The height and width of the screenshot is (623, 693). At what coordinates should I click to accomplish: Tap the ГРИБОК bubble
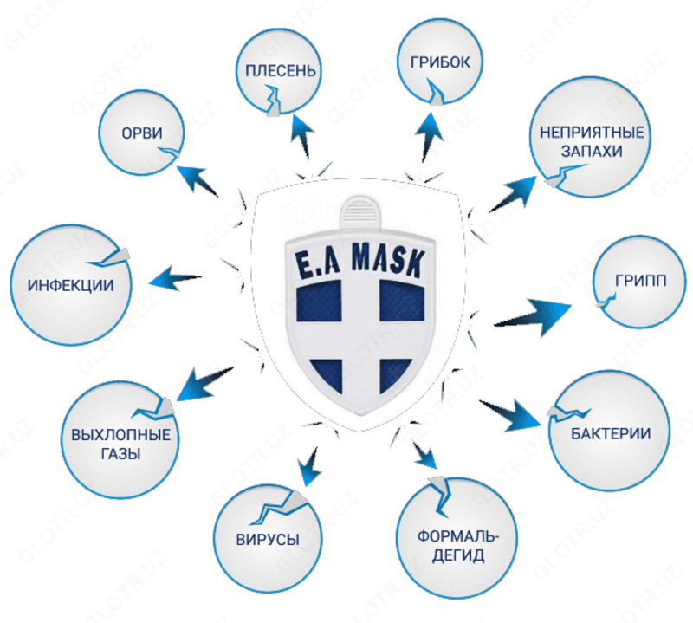pyautogui.click(x=439, y=65)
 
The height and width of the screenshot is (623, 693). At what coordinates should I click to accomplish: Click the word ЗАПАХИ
pyautogui.click(x=580, y=152)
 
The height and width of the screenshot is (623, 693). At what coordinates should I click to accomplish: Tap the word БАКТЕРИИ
pyautogui.click(x=611, y=433)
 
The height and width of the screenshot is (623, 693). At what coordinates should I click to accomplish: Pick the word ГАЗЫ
pyautogui.click(x=120, y=453)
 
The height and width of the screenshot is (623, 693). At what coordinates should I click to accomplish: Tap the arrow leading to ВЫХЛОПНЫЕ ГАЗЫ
pyautogui.click(x=205, y=380)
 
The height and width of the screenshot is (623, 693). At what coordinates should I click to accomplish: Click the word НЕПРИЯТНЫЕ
pyautogui.click(x=580, y=133)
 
